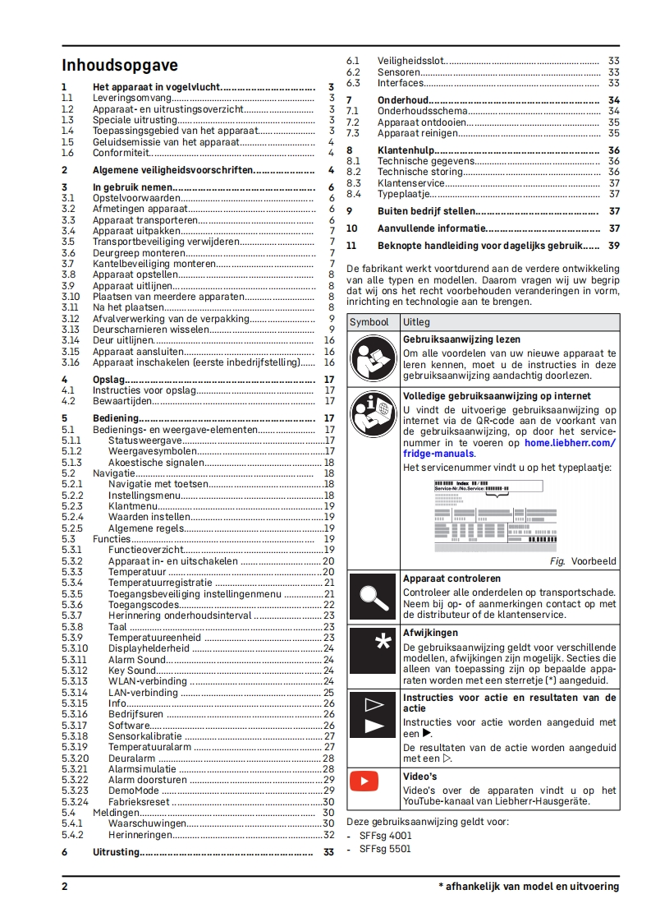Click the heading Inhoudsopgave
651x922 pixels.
(x=120, y=66)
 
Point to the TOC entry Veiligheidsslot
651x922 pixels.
(x=411, y=61)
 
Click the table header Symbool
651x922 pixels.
(x=369, y=322)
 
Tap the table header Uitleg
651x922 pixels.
(x=416, y=322)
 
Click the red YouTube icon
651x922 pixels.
(x=364, y=780)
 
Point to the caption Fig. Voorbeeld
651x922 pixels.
(x=583, y=561)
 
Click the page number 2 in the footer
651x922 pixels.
(x=65, y=887)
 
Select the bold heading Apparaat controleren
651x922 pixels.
(x=452, y=579)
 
